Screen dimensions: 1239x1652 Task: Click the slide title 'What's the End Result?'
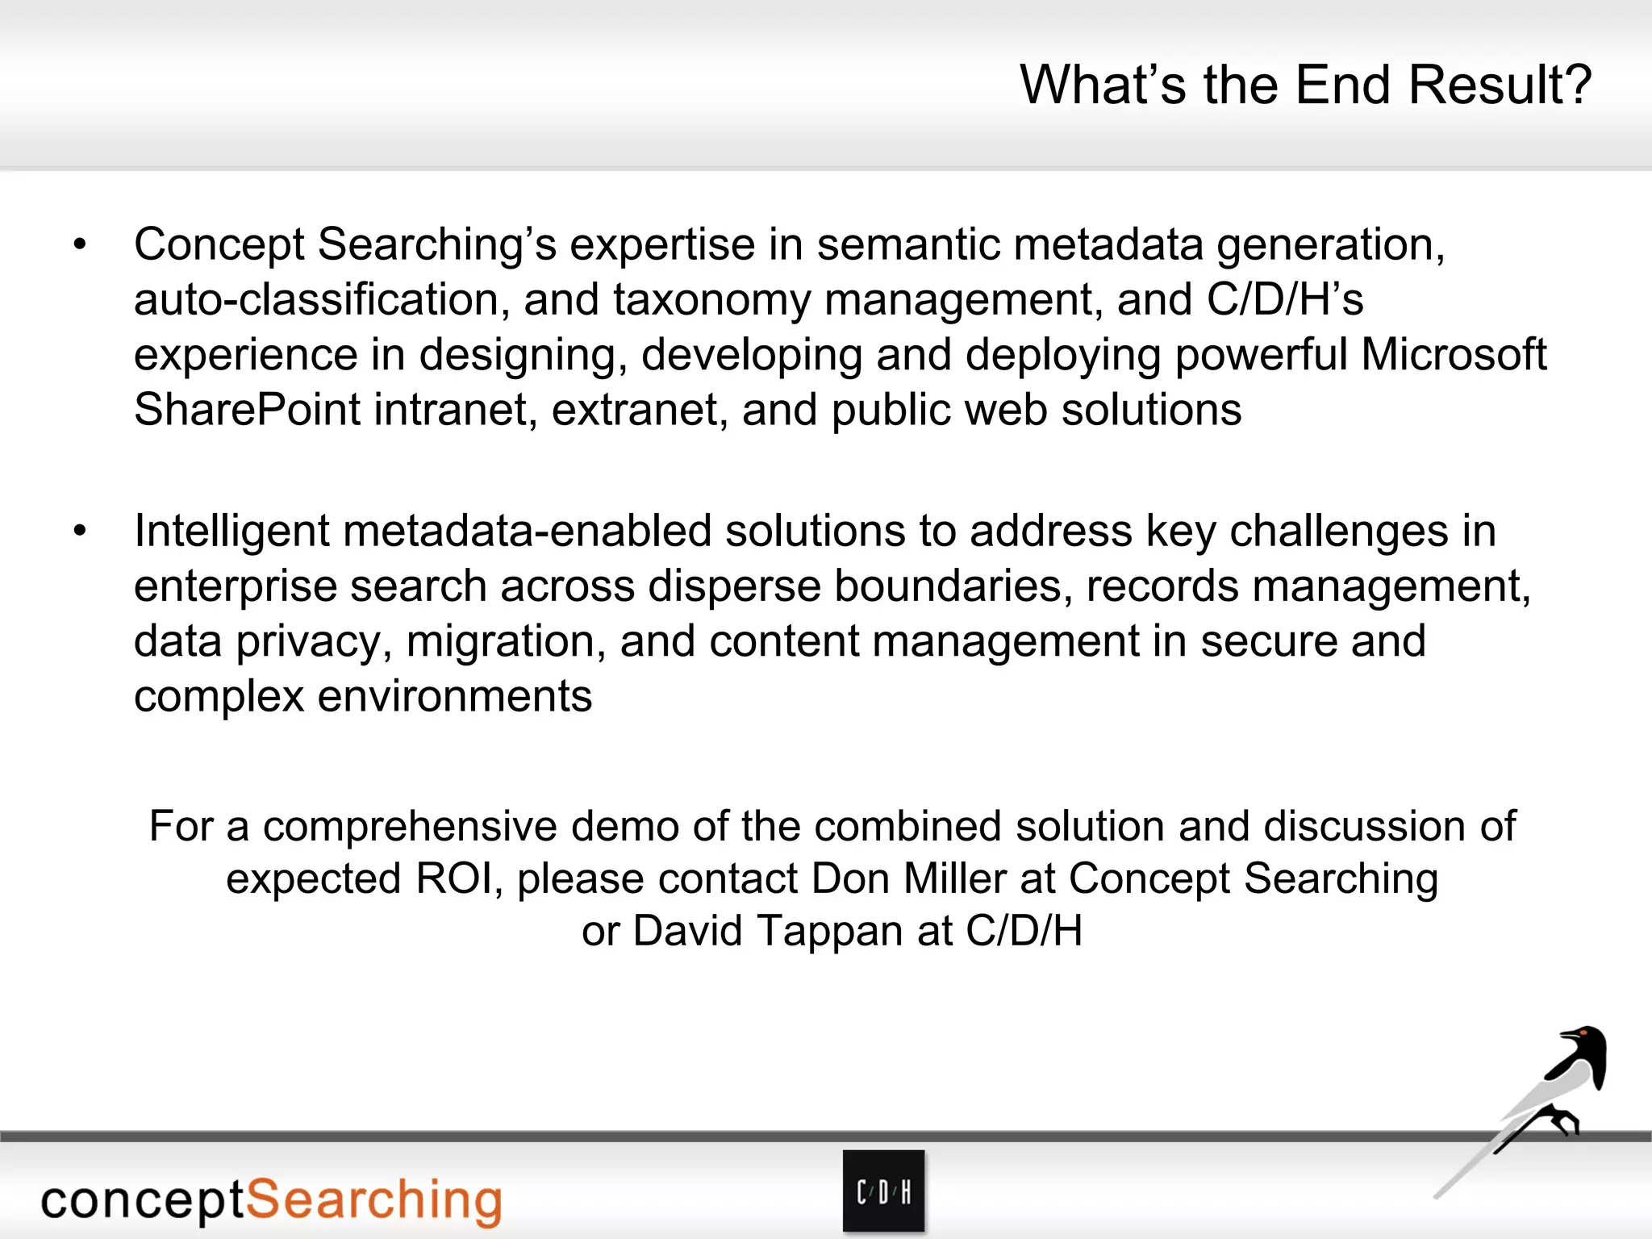click(x=1305, y=85)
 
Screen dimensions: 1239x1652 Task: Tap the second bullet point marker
click(x=79, y=532)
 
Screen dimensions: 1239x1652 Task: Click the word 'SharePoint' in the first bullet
click(x=247, y=410)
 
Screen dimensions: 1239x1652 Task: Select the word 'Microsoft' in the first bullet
click(x=1454, y=355)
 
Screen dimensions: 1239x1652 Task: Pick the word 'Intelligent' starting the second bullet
click(x=232, y=532)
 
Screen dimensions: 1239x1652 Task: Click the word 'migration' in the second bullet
click(x=506, y=642)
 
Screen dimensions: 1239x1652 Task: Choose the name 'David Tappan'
click(x=768, y=931)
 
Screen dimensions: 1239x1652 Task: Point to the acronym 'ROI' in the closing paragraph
click(x=454, y=878)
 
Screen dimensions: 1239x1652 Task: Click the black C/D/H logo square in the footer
click(x=883, y=1191)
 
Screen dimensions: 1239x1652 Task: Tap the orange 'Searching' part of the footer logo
click(x=373, y=1200)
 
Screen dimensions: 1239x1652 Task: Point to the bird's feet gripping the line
click(x=1562, y=1121)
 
